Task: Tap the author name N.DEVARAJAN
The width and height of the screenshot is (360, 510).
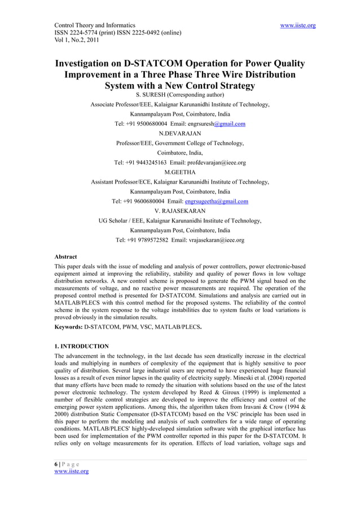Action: coord(180,133)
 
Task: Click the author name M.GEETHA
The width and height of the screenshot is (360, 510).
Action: coord(180,172)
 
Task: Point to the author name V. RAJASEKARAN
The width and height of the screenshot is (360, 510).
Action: coord(180,211)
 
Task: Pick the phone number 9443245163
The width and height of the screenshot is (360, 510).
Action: coord(143,163)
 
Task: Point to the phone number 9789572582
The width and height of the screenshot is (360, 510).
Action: coord(144,240)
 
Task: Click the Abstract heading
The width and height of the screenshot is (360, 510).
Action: coord(65,257)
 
